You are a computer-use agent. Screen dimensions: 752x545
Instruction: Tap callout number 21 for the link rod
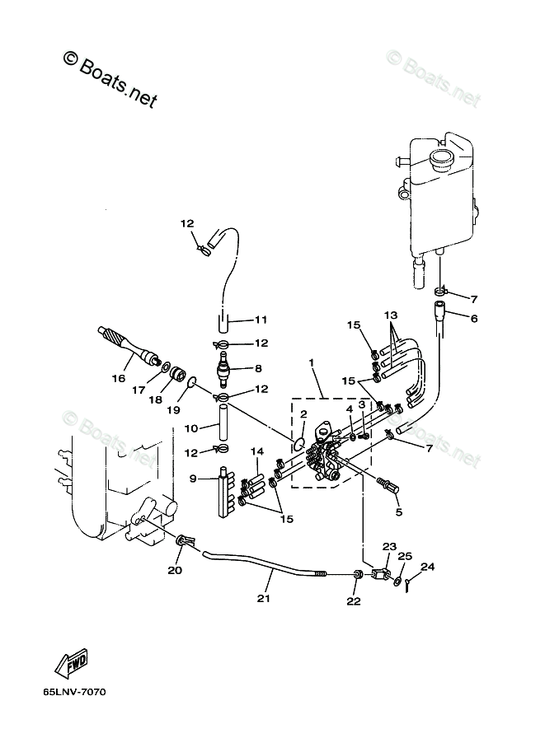pos(264,598)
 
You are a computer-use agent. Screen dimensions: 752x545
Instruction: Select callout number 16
pos(118,378)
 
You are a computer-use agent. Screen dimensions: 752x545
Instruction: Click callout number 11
pos(261,319)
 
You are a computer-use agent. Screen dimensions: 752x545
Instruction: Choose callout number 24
pos(427,566)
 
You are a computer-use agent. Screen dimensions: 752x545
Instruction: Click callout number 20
pos(175,570)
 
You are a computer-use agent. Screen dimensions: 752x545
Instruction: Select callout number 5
pos(399,511)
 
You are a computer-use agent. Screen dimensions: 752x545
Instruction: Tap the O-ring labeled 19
pos(192,382)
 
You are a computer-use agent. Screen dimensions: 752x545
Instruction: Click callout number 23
pos(389,546)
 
